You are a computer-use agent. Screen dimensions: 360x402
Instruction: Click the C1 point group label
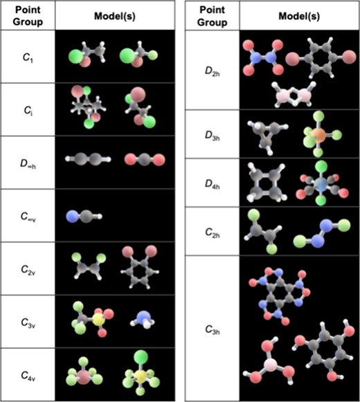[28, 57]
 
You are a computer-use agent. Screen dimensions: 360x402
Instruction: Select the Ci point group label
[28, 110]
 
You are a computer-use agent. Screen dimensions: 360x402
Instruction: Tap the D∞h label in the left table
[28, 164]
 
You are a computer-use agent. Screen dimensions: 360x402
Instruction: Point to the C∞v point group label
[28, 217]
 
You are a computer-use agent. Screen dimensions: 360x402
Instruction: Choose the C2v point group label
[28, 270]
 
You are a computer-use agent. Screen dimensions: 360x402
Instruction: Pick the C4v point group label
[28, 376]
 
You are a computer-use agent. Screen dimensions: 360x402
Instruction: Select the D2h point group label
[213, 71]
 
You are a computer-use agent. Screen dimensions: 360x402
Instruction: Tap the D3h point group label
[213, 136]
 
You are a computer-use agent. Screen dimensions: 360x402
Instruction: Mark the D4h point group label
[213, 184]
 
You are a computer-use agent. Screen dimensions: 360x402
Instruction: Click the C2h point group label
[213, 232]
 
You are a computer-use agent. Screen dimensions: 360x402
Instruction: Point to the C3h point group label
[213, 329]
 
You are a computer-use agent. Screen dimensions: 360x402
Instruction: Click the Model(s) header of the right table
[299, 17]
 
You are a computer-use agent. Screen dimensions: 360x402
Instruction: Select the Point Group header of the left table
[28, 16]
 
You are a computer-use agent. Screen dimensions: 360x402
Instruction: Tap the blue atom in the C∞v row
[73, 217]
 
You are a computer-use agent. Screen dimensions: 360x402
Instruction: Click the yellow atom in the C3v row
[99, 320]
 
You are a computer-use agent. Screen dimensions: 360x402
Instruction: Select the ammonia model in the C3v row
[143, 320]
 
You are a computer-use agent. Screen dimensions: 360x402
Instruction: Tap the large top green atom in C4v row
[141, 357]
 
